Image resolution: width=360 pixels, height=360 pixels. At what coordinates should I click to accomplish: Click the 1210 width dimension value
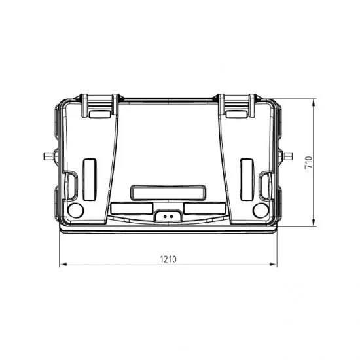[x=168, y=259]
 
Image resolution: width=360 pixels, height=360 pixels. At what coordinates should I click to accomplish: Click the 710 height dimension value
[x=308, y=162]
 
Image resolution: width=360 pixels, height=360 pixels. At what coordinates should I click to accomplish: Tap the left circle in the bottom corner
[x=75, y=210]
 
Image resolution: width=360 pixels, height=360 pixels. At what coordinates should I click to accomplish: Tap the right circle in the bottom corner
[x=261, y=210]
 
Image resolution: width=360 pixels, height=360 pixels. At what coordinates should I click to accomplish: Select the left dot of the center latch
[x=165, y=216]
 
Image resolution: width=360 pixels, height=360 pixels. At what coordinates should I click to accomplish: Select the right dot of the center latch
[x=171, y=216]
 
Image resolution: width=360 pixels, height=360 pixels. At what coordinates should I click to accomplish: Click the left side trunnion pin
[x=48, y=156]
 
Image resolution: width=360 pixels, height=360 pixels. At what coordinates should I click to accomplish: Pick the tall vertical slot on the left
[x=90, y=179]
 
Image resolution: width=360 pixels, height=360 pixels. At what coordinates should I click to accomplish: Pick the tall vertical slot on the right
[x=247, y=179]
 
